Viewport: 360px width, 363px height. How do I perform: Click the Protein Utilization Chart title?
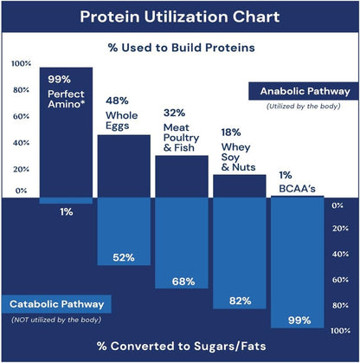pyautogui.click(x=180, y=16)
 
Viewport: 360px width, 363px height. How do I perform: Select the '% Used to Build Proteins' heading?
pyautogui.click(x=180, y=48)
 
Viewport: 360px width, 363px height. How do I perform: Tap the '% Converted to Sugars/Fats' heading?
pyautogui.click(x=180, y=346)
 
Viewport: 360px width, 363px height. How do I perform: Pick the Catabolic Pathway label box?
pyautogui.click(x=57, y=304)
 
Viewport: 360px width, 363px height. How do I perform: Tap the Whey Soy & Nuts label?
pyautogui.click(x=237, y=153)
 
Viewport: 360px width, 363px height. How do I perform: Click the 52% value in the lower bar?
pyautogui.click(x=123, y=257)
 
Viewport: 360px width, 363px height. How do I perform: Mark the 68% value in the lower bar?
pyautogui.click(x=182, y=281)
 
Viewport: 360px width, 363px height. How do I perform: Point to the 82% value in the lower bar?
pyautogui.click(x=240, y=301)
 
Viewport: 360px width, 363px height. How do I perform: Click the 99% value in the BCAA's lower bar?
pyautogui.click(x=298, y=320)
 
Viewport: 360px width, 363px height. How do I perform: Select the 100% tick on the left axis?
pyautogui.click(x=21, y=63)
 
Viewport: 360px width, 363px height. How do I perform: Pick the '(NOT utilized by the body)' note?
pyautogui.click(x=49, y=321)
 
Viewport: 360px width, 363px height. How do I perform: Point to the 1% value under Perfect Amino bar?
pyautogui.click(x=67, y=211)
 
